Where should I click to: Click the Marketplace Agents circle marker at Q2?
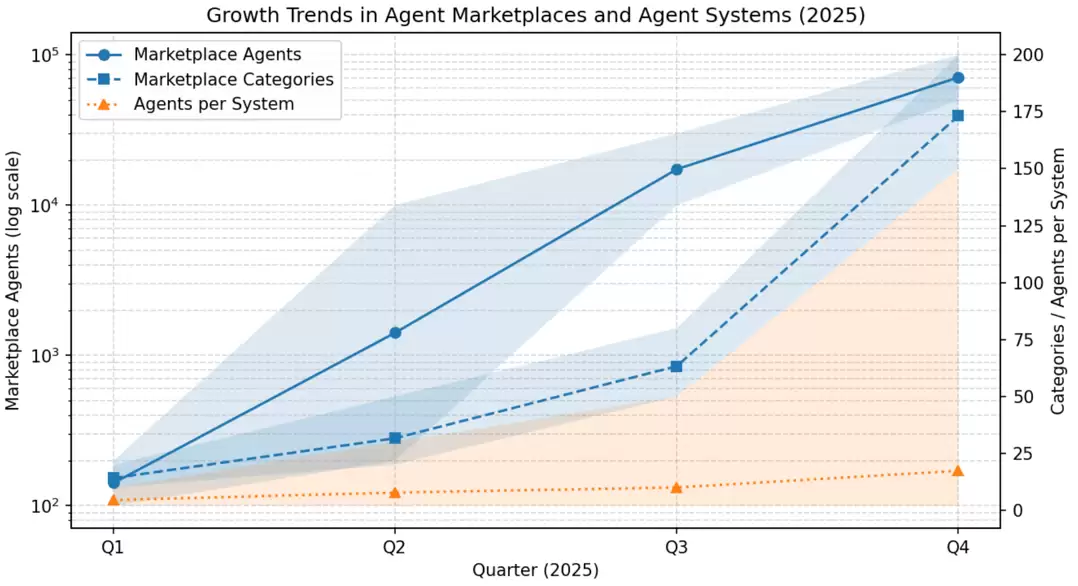pos(395,333)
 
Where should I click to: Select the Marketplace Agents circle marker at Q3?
pos(676,169)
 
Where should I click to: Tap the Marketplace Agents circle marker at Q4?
pos(958,78)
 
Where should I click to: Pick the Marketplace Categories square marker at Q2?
pos(395,438)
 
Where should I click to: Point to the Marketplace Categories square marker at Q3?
pos(676,367)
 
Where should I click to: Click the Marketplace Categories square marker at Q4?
pos(958,116)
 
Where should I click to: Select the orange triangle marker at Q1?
pos(113,500)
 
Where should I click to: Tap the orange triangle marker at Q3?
pos(676,488)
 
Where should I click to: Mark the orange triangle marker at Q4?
pos(958,471)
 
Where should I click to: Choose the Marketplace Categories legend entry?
pos(210,80)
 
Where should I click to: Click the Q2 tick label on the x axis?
pos(395,547)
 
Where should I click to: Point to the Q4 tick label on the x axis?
pos(958,547)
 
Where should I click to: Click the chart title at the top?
pos(536,15)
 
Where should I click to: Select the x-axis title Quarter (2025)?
pos(536,571)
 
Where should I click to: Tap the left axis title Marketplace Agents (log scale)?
pos(13,281)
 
